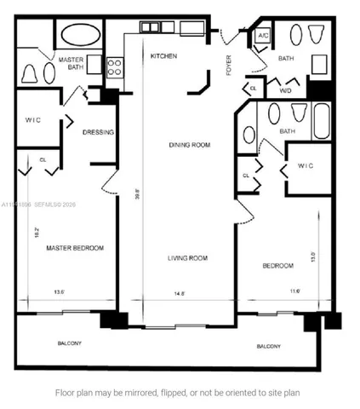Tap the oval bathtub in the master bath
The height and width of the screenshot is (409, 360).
point(80,37)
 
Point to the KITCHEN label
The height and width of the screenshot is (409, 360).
point(163,56)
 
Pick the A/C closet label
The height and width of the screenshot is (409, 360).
point(263,37)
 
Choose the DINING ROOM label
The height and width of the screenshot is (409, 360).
point(188,145)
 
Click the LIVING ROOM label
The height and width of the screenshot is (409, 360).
point(187,257)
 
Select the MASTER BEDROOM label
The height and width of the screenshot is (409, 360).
point(75,248)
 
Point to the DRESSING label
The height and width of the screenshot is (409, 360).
point(99,132)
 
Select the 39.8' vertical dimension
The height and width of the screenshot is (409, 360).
point(136,193)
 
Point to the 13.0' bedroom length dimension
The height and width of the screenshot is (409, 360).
point(314,256)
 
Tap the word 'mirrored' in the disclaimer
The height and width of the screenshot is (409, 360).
point(137,393)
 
